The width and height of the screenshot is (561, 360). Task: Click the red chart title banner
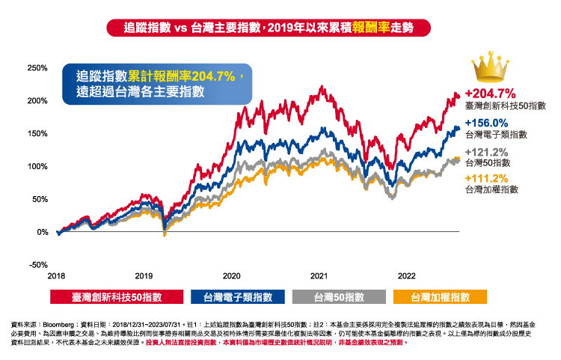[x=280, y=28]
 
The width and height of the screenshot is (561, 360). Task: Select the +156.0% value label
[x=486, y=123]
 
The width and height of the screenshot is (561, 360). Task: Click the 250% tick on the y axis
[x=37, y=67]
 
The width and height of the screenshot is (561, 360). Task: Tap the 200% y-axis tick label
[x=37, y=100]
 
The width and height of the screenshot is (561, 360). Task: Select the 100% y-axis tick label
[x=37, y=166]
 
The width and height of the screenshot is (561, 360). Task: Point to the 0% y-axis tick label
[x=42, y=232]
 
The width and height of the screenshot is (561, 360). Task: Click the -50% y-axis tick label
[x=38, y=265]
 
